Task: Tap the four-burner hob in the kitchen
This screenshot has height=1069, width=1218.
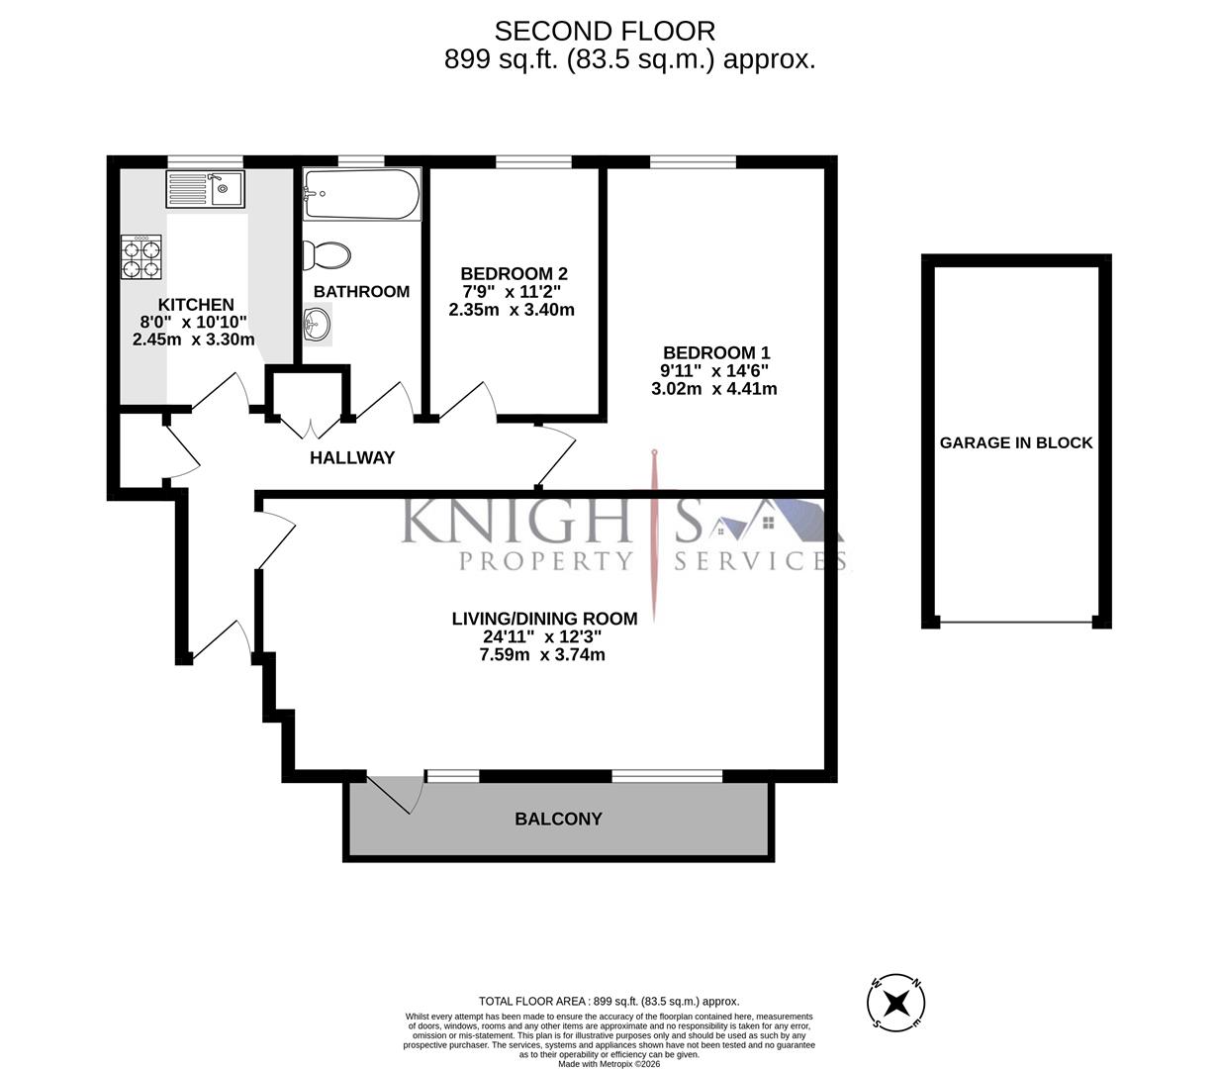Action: coord(141,258)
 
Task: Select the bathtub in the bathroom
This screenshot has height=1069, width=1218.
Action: coord(362,194)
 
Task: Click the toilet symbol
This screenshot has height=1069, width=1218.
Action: coord(328,255)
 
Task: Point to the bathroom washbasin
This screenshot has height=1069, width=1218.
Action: coord(316,323)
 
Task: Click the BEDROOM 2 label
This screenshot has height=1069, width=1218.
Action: coord(514,273)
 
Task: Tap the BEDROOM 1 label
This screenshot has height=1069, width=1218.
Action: coord(715,352)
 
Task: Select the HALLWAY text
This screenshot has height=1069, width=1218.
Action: coord(352,457)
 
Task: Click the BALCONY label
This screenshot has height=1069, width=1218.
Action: coord(558,819)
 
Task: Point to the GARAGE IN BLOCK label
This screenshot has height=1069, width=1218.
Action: coord(1016,442)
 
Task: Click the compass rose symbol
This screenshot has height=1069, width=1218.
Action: coord(896,1003)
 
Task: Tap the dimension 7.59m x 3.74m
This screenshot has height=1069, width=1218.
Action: coord(542,654)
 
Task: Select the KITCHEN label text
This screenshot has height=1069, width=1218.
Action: coord(196,305)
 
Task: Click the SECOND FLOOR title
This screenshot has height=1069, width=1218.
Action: coord(605,32)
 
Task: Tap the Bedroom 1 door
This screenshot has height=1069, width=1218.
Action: coord(556,455)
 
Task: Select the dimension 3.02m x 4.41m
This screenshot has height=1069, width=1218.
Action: coord(713,389)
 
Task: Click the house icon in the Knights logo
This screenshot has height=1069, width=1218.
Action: coord(734,528)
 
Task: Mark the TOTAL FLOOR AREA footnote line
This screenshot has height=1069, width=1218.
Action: coord(609,1001)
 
